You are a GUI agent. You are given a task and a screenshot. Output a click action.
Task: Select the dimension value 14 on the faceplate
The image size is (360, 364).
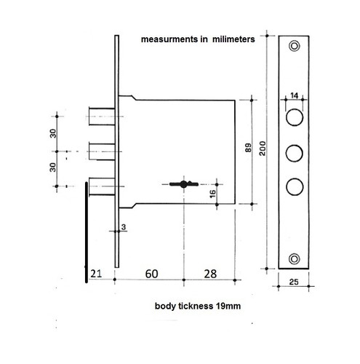click(x=294, y=95)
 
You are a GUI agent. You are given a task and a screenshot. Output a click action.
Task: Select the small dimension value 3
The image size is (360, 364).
click(x=124, y=228)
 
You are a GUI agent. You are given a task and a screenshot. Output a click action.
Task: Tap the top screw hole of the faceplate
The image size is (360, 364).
click(x=294, y=47)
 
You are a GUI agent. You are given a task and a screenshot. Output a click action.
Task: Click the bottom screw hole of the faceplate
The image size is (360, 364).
click(x=294, y=258)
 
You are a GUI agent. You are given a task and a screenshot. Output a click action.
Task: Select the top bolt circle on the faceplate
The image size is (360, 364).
click(x=294, y=117)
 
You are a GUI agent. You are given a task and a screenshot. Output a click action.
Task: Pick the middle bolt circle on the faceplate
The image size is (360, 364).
click(x=294, y=153)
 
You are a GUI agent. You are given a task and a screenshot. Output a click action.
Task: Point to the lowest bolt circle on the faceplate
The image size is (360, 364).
click(x=294, y=187)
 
